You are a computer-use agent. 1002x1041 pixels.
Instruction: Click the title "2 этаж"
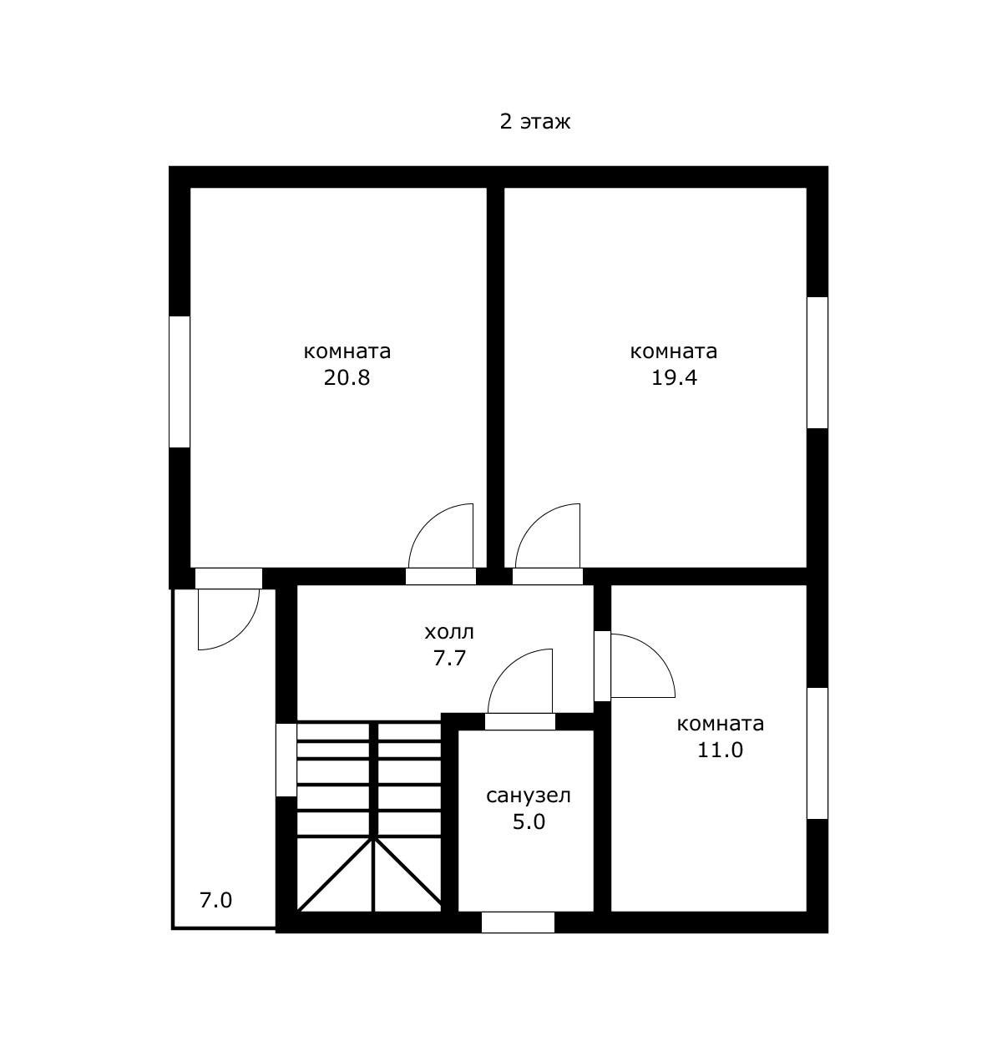coord(534,122)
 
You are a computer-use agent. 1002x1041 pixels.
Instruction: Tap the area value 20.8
coord(347,377)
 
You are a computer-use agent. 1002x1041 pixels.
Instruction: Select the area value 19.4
coord(674,377)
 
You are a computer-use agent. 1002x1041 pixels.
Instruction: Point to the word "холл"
coord(449,632)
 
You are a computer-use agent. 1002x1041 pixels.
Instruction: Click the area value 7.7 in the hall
coord(449,658)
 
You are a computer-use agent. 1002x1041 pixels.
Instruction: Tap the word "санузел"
coord(529,796)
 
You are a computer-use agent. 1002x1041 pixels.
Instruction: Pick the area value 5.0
coord(529,822)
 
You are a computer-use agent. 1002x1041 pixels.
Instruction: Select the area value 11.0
coord(720,750)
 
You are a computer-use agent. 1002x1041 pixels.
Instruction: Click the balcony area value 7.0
coord(215,901)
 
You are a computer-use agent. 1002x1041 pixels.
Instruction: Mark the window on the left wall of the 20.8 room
coord(180,382)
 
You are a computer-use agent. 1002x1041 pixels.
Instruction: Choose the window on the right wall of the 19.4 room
coord(817,362)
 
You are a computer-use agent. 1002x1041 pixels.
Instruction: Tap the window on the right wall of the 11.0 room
coord(817,753)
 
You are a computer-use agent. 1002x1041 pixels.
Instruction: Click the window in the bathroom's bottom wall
coord(518,922)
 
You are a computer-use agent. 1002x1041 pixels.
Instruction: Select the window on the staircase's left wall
coord(286,760)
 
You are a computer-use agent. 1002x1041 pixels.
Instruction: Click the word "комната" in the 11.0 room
coord(720,724)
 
